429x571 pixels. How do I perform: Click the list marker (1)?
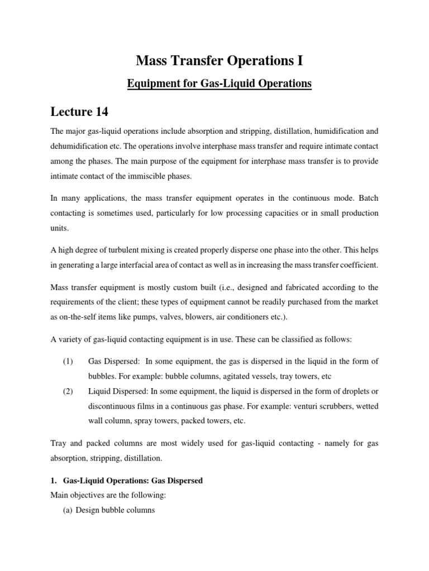tap(68, 362)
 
